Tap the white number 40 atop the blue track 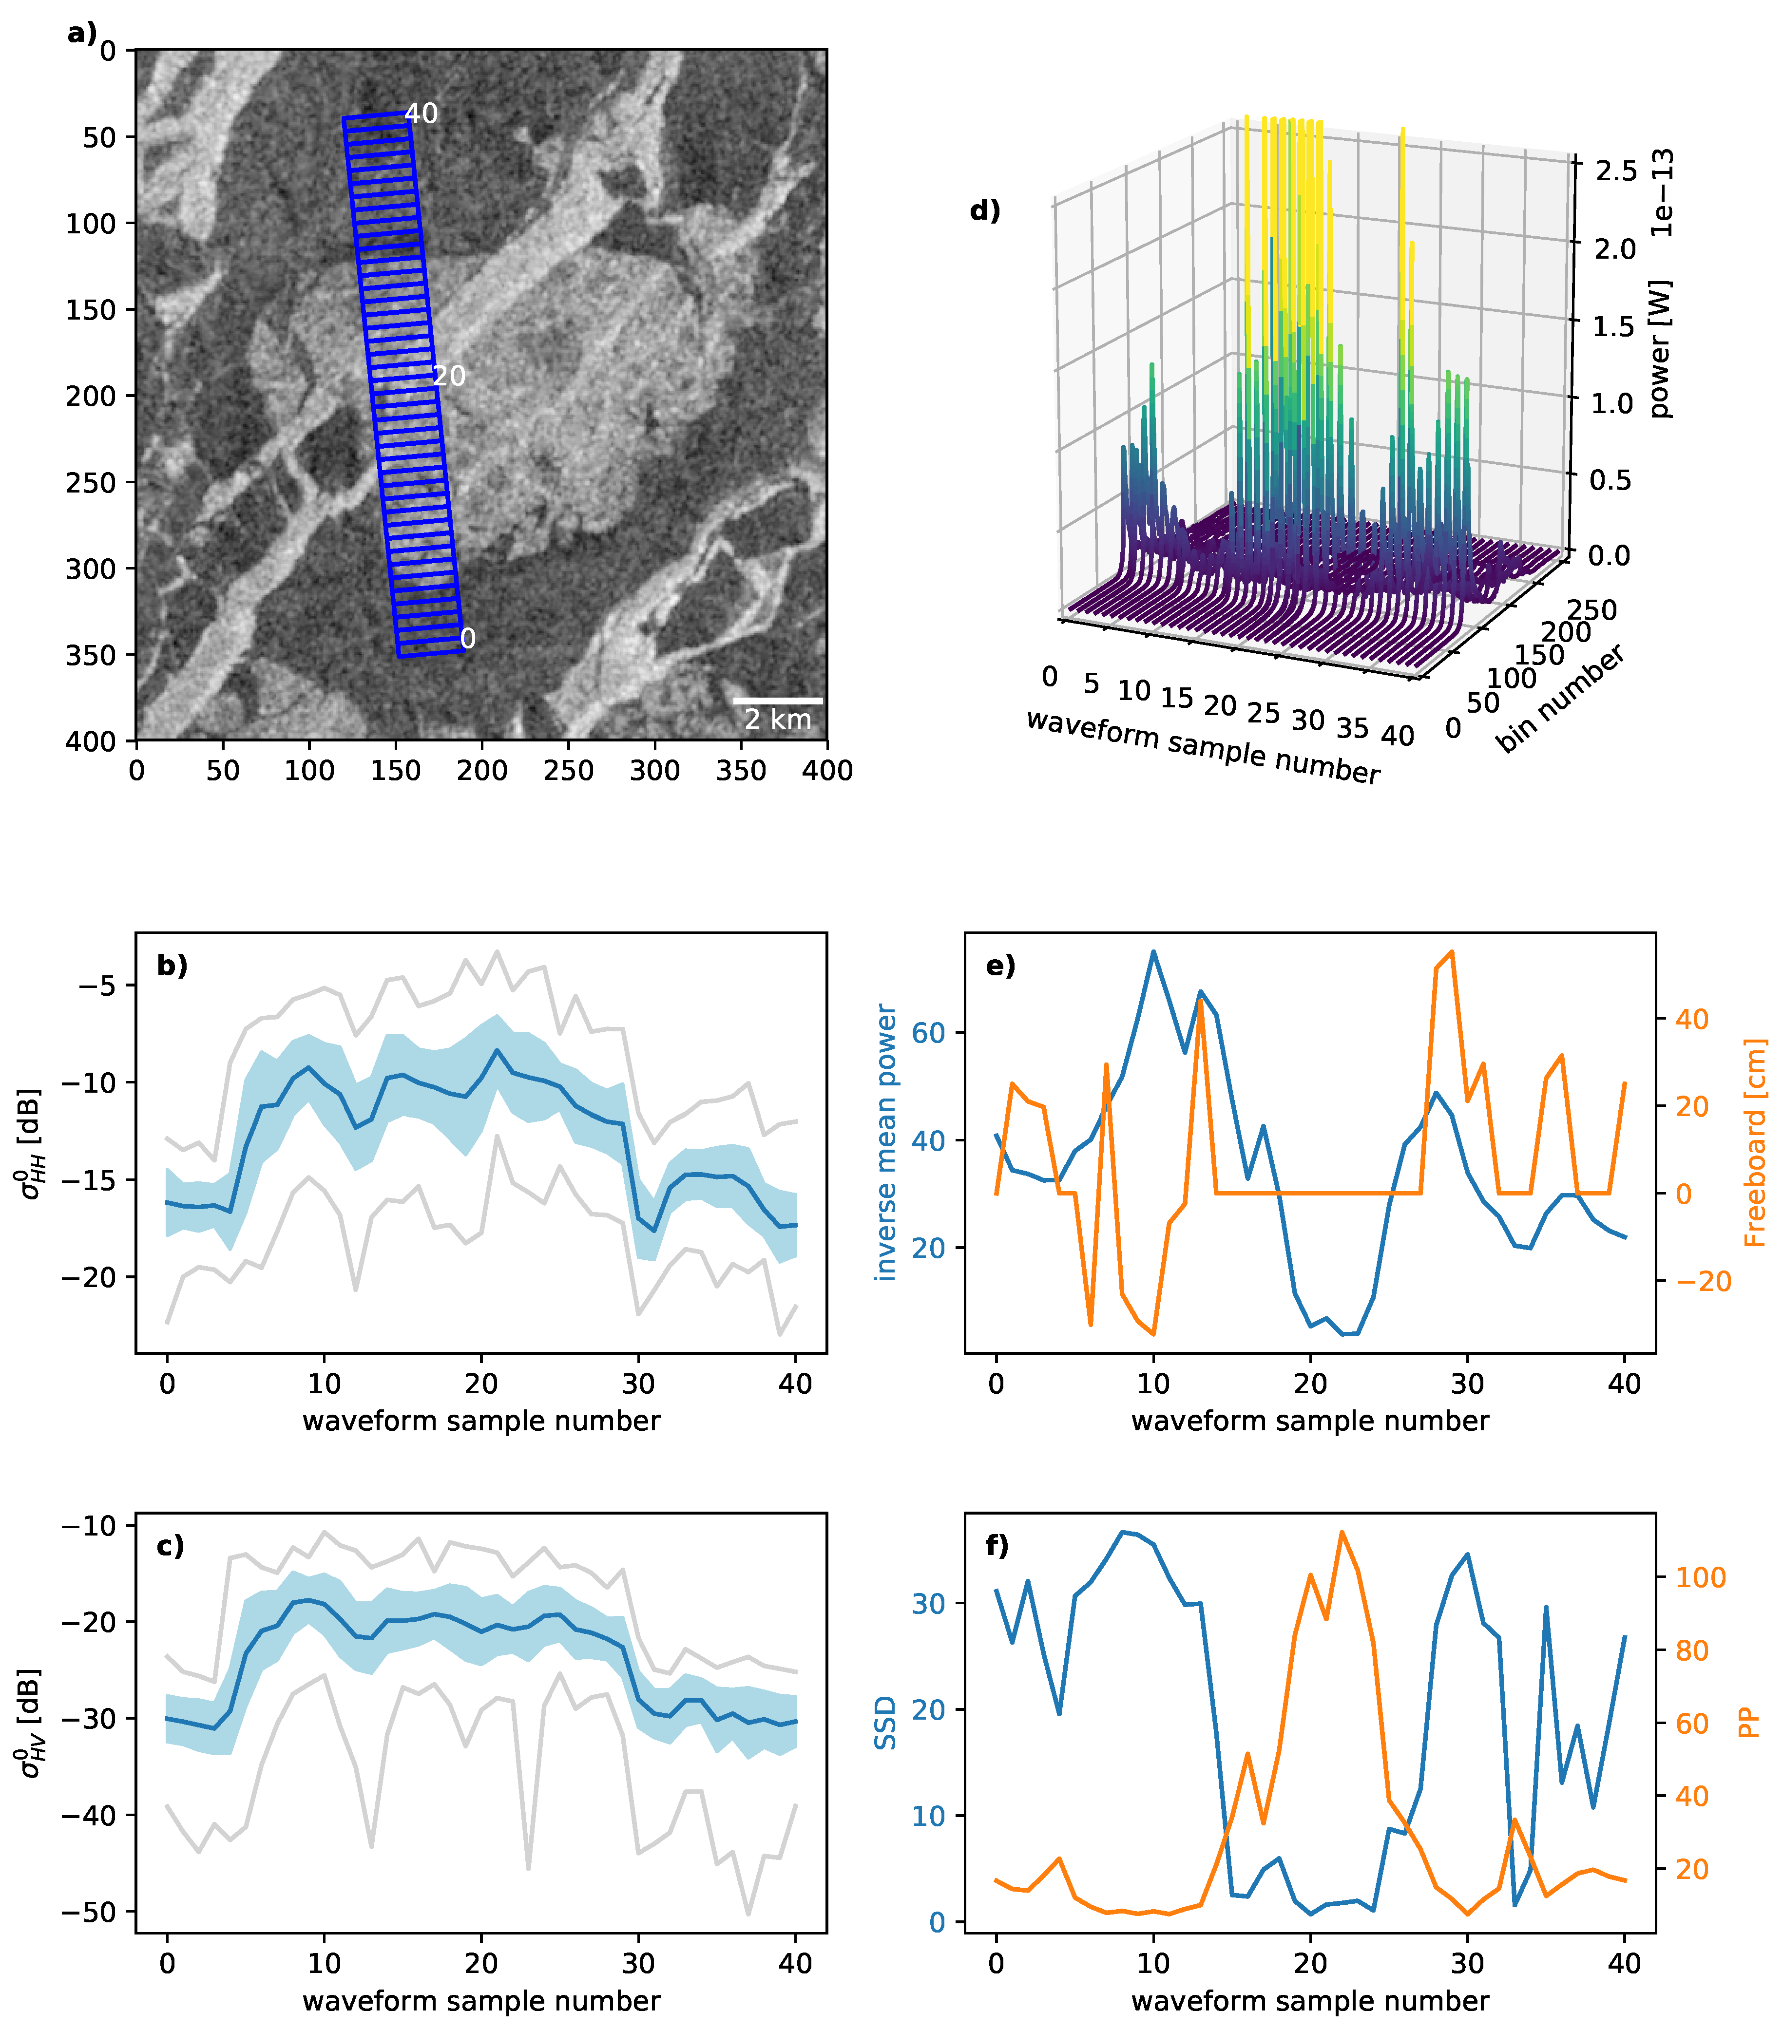(421, 114)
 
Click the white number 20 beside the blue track (449, 376)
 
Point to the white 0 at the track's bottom (468, 638)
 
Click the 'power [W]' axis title (1659, 349)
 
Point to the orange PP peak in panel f (1341, 1532)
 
